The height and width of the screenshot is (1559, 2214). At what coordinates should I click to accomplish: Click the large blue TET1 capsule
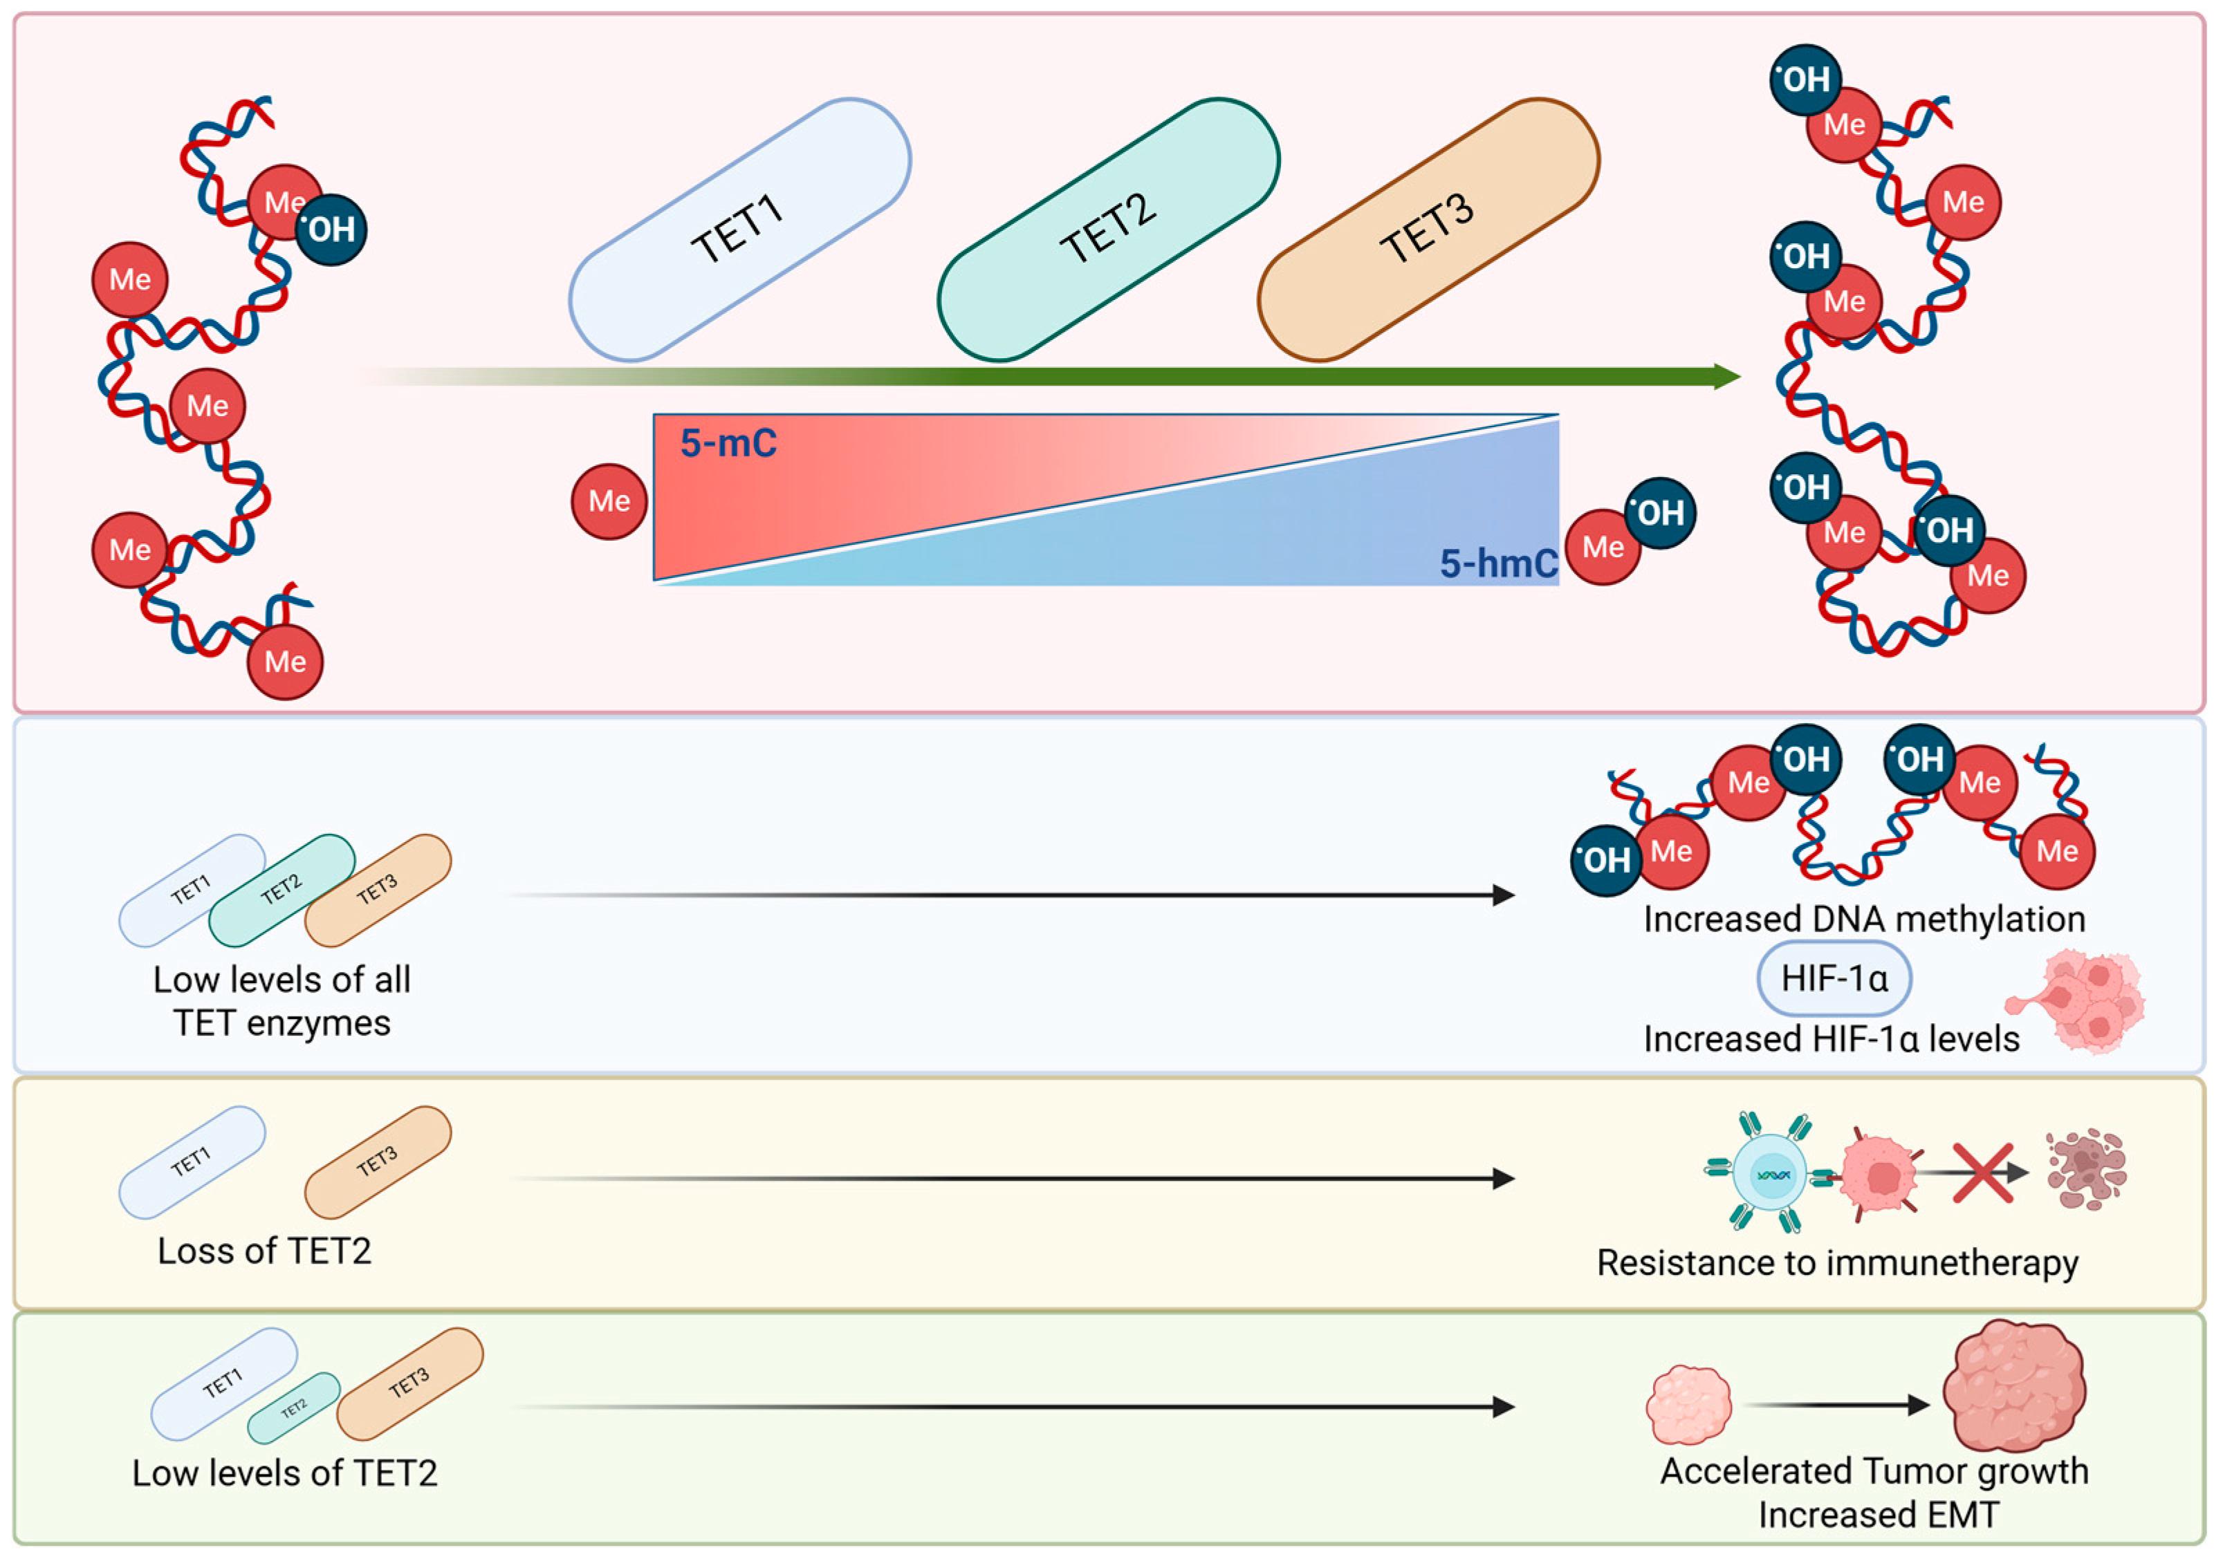739,230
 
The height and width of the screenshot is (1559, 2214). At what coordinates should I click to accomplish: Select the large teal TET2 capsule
1109,230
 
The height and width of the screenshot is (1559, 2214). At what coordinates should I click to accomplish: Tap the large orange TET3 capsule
1428,230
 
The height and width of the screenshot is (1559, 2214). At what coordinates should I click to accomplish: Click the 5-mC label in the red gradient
728,443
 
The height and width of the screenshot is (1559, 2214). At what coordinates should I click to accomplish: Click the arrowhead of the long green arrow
1727,376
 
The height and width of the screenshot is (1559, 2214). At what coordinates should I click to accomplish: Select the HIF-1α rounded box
1834,978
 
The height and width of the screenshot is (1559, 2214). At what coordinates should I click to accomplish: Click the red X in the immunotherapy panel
1982,1173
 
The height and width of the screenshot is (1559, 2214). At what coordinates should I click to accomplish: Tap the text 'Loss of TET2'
264,1251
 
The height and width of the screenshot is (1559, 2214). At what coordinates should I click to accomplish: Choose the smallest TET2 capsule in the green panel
294,1408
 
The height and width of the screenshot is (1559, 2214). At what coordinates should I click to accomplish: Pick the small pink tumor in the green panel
1688,1405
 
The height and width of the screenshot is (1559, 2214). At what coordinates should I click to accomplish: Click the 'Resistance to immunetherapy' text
1837,1263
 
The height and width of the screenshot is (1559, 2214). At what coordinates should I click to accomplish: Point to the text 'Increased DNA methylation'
1864,919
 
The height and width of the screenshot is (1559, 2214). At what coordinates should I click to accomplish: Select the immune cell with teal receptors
1769,1173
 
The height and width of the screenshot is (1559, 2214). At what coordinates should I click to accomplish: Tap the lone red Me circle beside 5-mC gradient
609,501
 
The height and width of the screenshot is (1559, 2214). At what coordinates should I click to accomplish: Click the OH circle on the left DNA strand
331,230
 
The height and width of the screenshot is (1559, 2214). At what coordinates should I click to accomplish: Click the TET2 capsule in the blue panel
282,890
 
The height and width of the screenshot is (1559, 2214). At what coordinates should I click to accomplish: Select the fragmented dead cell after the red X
2087,1170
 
